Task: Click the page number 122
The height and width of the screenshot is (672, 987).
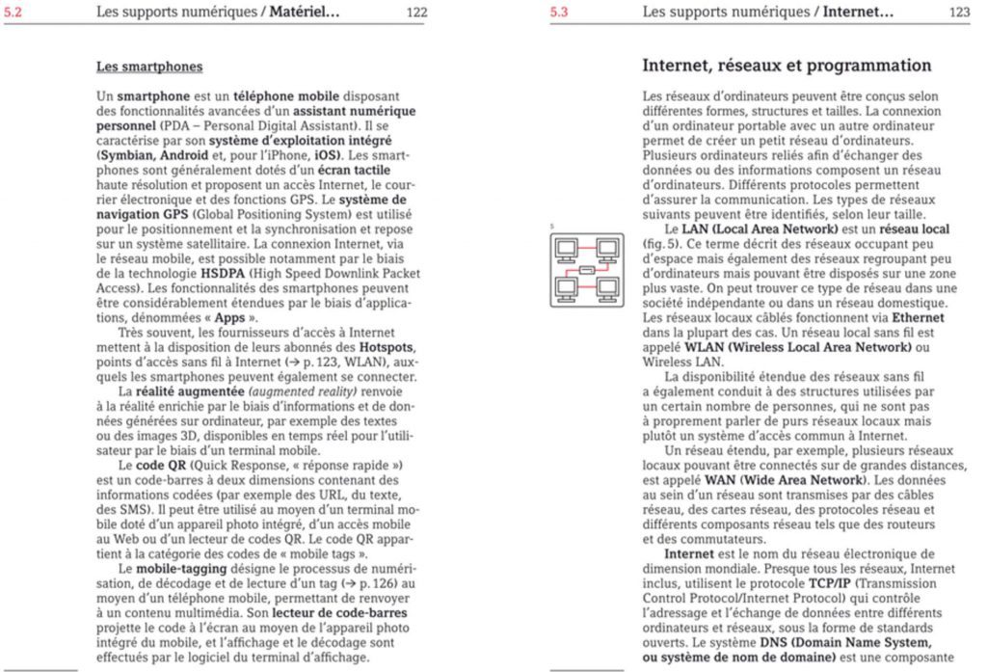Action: click(416, 13)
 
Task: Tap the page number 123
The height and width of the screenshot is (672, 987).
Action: click(959, 13)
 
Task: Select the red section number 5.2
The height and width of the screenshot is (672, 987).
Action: click(13, 13)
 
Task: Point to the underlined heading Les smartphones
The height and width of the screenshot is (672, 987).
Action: click(149, 67)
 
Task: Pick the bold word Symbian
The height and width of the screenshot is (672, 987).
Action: click(127, 154)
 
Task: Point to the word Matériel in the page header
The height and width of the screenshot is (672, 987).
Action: click(304, 13)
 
